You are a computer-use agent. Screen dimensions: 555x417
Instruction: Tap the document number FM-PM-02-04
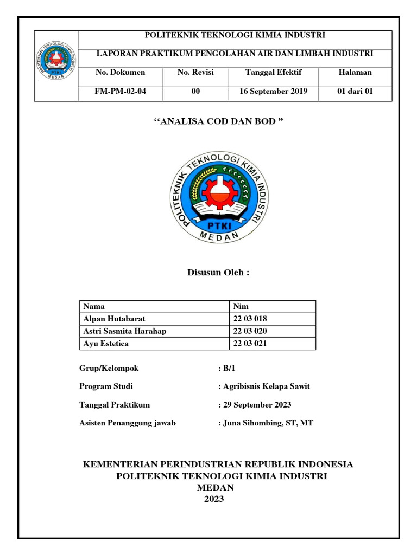pyautogui.click(x=121, y=92)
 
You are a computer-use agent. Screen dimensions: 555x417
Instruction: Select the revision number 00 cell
pyautogui.click(x=195, y=92)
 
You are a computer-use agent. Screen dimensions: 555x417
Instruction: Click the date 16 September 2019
pyautogui.click(x=274, y=92)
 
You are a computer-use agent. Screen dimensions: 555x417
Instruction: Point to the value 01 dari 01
pyautogui.click(x=355, y=92)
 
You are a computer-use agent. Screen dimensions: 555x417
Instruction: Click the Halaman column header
pyautogui.click(x=355, y=72)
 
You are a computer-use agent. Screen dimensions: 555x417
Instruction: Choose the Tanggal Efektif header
pyautogui.click(x=274, y=72)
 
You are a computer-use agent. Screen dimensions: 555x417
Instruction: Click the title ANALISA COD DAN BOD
pyautogui.click(x=216, y=121)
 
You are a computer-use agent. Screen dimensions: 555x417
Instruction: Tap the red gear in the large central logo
pyautogui.click(x=221, y=192)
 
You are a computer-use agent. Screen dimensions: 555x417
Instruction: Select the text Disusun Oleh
pyautogui.click(x=218, y=272)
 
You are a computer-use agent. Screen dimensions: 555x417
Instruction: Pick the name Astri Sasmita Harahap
pyautogui.click(x=125, y=331)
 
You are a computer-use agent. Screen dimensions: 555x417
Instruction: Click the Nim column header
pyautogui.click(x=241, y=306)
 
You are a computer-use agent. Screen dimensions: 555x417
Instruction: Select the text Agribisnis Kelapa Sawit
pyautogui.click(x=266, y=387)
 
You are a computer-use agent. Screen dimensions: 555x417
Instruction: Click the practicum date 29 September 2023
pyautogui.click(x=256, y=405)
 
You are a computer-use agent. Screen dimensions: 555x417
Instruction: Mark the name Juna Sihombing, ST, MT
pyautogui.click(x=267, y=423)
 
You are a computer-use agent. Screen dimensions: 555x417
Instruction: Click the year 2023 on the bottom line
pyautogui.click(x=214, y=500)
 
